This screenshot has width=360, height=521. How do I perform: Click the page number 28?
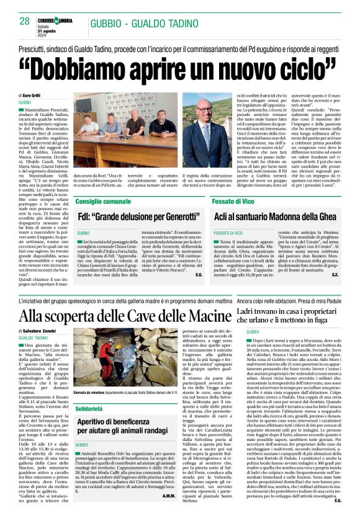point(25,21)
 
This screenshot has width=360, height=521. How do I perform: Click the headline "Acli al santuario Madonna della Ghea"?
point(284,218)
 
